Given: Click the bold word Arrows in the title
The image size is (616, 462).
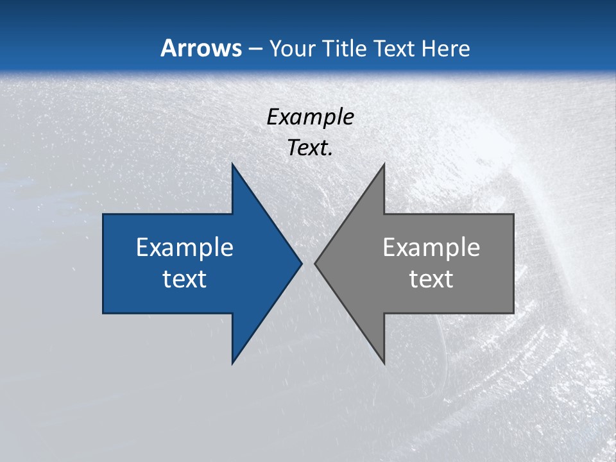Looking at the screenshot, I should (x=201, y=48).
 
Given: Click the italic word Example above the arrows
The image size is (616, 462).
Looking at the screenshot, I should (x=310, y=117).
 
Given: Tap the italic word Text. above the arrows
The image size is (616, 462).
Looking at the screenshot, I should (x=310, y=148).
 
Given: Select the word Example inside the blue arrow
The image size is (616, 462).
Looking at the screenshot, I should (x=185, y=247).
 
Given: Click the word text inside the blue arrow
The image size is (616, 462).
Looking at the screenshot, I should (x=185, y=278).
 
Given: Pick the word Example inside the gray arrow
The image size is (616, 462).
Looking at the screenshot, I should (x=431, y=247).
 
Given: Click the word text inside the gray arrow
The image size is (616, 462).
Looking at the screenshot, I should (x=431, y=278).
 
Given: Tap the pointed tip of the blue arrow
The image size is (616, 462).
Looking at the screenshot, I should (x=302, y=263).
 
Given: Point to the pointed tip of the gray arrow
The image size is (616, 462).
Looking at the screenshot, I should (x=315, y=263).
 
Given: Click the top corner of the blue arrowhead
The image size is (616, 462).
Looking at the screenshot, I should (x=232, y=164).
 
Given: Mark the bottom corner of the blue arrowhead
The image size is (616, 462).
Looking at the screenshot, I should (x=232, y=363).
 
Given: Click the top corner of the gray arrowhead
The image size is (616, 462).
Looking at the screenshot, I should (x=384, y=164).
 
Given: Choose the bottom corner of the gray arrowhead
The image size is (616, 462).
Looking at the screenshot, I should (x=384, y=363).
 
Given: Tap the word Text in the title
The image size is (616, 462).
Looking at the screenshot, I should (x=394, y=48).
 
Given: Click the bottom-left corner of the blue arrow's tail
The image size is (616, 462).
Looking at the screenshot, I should (x=103, y=313).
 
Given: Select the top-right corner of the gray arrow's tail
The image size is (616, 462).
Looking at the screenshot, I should (x=513, y=214).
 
